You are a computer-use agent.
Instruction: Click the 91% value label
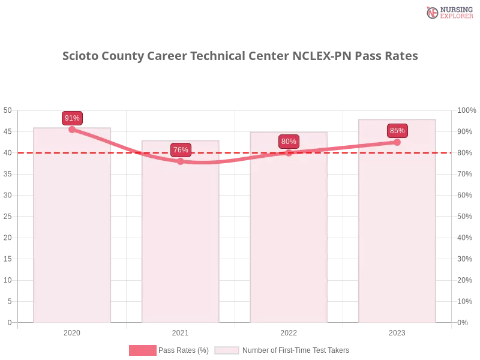click(x=72, y=118)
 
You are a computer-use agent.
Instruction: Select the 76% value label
click(x=181, y=150)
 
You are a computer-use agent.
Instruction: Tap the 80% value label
click(x=289, y=142)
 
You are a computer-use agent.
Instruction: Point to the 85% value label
click(x=397, y=130)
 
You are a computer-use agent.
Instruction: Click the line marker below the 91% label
click(x=72, y=129)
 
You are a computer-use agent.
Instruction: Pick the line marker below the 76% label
click(x=181, y=161)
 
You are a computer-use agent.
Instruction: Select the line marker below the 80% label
click(x=289, y=152)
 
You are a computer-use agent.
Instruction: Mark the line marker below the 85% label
click(x=397, y=142)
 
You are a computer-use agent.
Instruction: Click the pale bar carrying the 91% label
click(x=72, y=240)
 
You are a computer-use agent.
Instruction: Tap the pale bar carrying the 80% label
click(x=290, y=240)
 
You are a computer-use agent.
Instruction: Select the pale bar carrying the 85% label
click(x=396, y=240)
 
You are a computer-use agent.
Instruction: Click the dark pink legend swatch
click(x=142, y=350)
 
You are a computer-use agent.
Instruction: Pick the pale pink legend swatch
click(x=227, y=350)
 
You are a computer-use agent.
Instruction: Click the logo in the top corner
click(x=448, y=12)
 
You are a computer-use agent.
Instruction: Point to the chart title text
click(x=242, y=56)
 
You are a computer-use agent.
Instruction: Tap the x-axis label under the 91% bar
click(x=72, y=331)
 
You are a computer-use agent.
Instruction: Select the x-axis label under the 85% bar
click(x=397, y=331)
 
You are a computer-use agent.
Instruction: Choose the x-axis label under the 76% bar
click(x=180, y=331)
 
